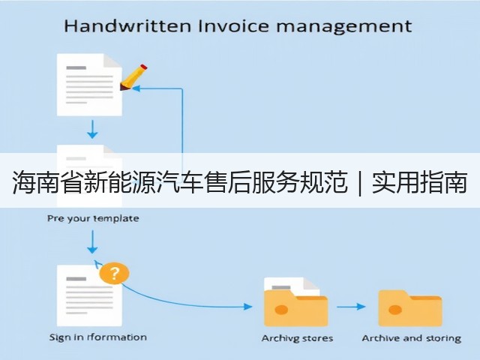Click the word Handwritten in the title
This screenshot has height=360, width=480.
127,25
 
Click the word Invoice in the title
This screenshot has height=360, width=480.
233,25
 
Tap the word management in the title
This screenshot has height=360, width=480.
344,27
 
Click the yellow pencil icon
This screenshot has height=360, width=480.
133,77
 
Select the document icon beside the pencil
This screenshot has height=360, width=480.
89,85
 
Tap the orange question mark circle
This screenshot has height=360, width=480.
114,273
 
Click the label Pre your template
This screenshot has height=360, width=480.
93,218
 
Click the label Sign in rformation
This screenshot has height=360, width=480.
98,337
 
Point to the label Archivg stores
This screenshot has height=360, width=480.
297,338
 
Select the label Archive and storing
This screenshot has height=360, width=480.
412,338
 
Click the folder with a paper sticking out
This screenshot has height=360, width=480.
296,301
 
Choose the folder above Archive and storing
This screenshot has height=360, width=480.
410,308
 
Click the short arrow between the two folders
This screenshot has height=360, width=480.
352,307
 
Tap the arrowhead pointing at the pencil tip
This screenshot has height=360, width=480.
136,88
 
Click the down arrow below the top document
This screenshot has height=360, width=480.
92,130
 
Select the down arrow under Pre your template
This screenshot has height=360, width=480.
92,241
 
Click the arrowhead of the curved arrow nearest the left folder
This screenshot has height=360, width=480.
248,307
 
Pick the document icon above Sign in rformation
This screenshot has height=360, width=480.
89,295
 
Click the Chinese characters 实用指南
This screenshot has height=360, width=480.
420,183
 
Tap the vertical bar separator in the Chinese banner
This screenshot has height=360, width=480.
360,183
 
